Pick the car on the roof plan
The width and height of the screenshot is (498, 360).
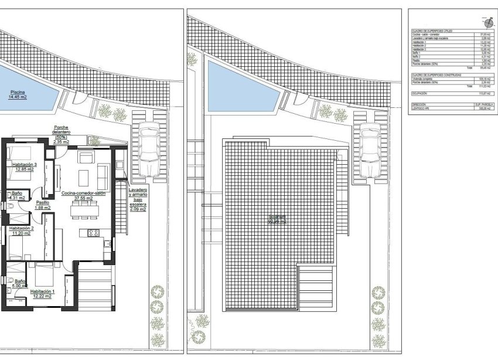(x=370, y=151)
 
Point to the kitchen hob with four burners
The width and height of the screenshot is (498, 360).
(x=93, y=233)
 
